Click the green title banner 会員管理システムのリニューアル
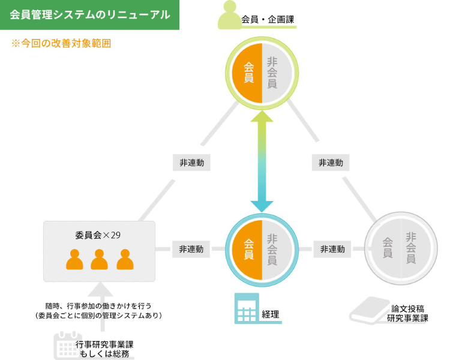click(x=90, y=15)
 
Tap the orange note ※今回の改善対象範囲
click(x=61, y=44)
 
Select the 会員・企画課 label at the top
click(x=268, y=19)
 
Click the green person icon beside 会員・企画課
click(x=229, y=15)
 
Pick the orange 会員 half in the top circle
click(x=248, y=73)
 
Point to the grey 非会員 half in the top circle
click(x=275, y=73)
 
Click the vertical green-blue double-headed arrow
click(x=262, y=162)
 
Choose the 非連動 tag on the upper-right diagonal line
click(x=331, y=163)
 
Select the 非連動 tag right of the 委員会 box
click(x=191, y=249)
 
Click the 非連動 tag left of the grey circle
click(x=332, y=249)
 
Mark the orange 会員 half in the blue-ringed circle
click(x=248, y=249)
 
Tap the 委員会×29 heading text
click(x=98, y=234)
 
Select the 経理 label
click(x=271, y=314)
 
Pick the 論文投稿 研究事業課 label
click(x=407, y=313)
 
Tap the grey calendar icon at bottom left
click(x=64, y=345)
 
